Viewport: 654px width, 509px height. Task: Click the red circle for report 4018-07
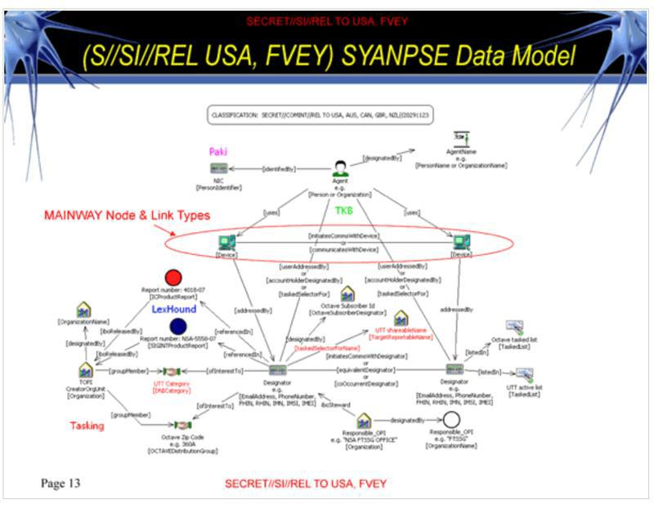pos(172,279)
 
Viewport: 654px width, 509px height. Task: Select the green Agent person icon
pos(341,170)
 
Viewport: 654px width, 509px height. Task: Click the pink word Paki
pos(218,152)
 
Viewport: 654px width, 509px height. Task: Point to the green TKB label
pos(344,211)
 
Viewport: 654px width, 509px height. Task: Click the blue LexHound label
pos(174,310)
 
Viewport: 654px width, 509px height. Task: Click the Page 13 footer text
pos(60,483)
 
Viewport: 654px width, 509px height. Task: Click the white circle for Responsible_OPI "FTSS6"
pos(452,421)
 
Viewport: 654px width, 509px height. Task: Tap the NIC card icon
pos(218,168)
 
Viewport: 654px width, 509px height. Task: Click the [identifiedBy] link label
pos(279,169)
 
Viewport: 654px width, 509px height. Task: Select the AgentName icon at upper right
pos(462,140)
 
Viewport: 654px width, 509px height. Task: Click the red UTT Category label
pos(172,383)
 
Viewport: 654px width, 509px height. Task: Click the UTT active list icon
pos(524,373)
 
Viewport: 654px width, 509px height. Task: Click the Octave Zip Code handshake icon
pos(181,426)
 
